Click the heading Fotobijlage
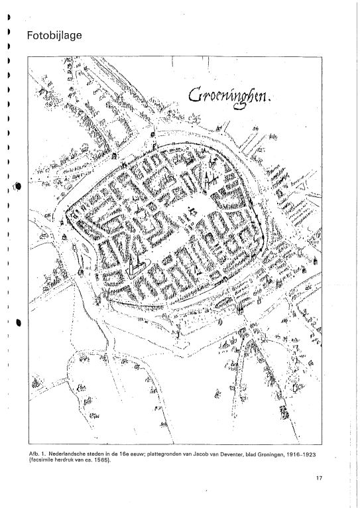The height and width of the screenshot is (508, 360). click(54, 35)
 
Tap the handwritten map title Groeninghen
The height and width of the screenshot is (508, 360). click(227, 97)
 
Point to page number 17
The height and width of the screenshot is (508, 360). click(319, 478)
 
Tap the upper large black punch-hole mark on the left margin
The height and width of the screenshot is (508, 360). click(18, 186)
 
